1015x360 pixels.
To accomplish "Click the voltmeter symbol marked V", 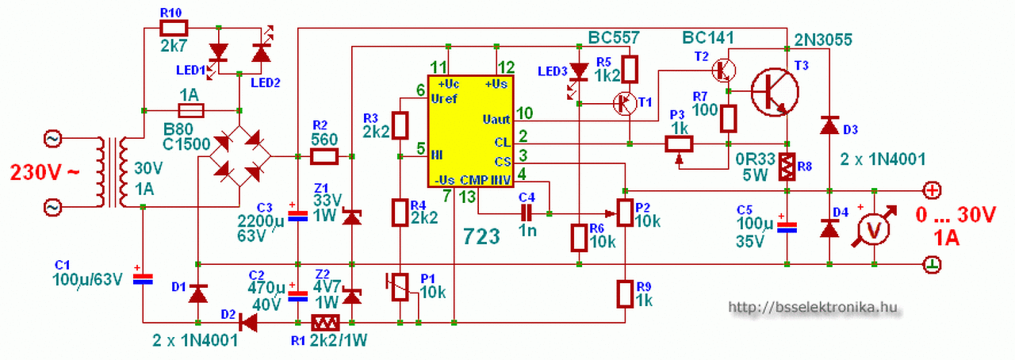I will click(x=874, y=228).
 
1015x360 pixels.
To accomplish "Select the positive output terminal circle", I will click(x=933, y=190).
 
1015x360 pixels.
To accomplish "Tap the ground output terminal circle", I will click(x=933, y=263).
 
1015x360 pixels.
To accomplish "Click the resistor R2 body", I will click(x=324, y=155).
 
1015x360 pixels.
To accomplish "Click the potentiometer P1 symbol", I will click(x=401, y=286).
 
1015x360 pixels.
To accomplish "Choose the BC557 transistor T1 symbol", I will click(x=626, y=101).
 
